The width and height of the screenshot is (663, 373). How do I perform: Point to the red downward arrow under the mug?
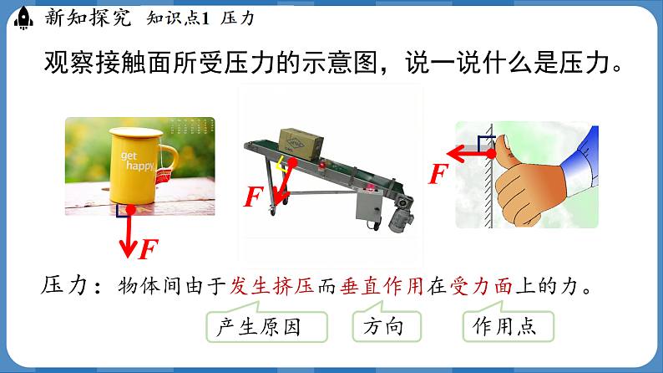click(128, 234)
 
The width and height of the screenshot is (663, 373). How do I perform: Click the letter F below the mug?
click(149, 249)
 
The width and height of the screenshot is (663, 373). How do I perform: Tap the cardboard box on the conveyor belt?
click(298, 143)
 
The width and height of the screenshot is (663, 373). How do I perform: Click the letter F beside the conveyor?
click(254, 197)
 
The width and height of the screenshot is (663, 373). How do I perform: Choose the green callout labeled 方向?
click(383, 326)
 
